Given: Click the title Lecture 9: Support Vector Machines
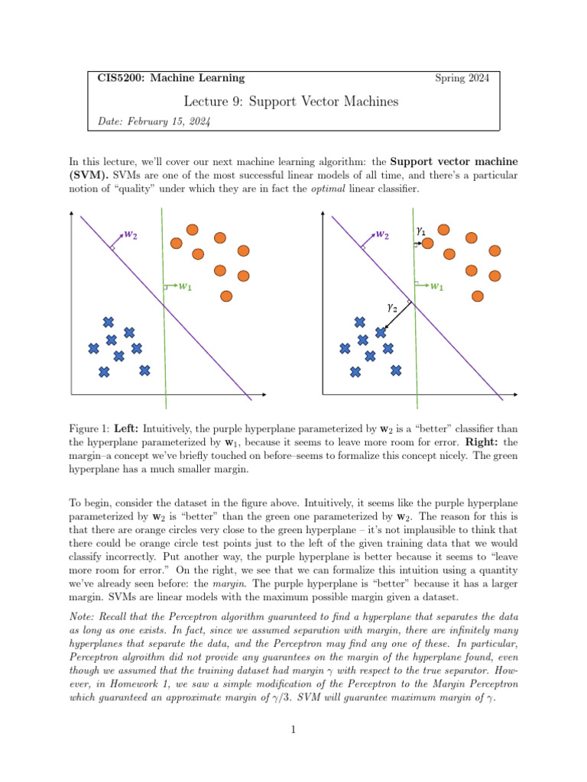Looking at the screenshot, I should pos(291,101).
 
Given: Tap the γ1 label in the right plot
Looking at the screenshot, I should pos(420,230).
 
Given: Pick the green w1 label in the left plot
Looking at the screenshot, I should pos(184,287).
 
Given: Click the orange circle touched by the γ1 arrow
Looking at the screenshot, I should pos(428,243).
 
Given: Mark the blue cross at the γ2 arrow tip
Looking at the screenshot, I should pos(381,332).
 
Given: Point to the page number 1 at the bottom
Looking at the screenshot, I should pos(293,729).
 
